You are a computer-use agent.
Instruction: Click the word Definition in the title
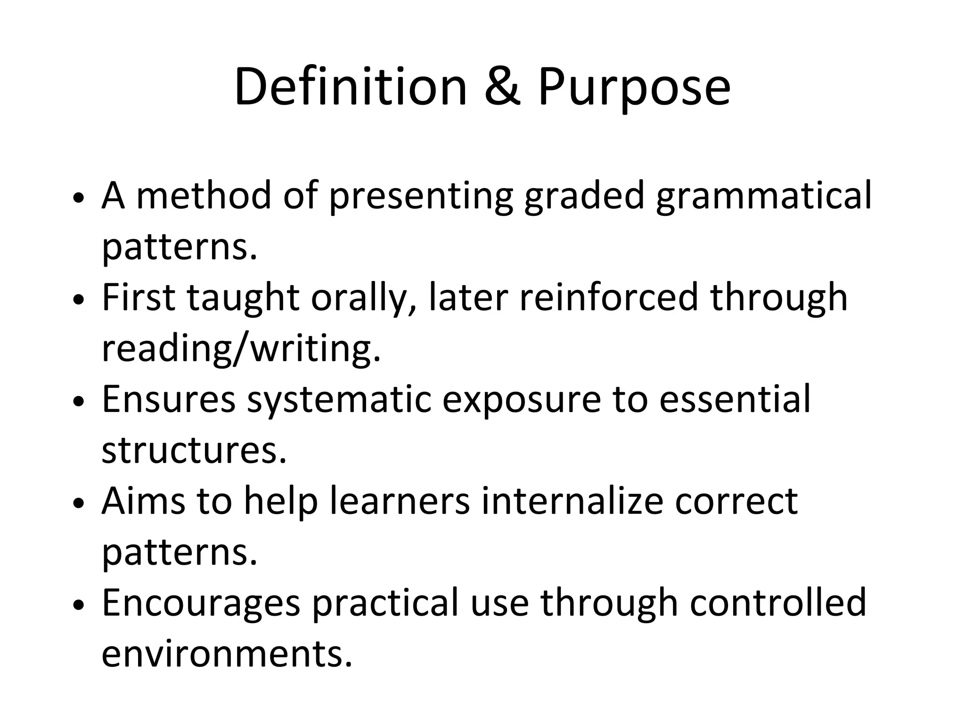coord(350,87)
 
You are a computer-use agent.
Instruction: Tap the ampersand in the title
coord(502,87)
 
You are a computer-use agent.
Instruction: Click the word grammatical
coord(763,197)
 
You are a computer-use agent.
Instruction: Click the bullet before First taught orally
coord(79,300)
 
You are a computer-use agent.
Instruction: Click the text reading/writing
coord(241,350)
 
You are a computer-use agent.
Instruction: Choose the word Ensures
coord(169,399)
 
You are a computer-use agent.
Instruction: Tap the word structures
coord(194,450)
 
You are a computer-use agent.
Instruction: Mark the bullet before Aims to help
coord(79,503)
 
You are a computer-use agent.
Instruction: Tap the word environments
coord(227,654)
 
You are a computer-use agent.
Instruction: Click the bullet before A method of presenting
coord(79,198)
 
